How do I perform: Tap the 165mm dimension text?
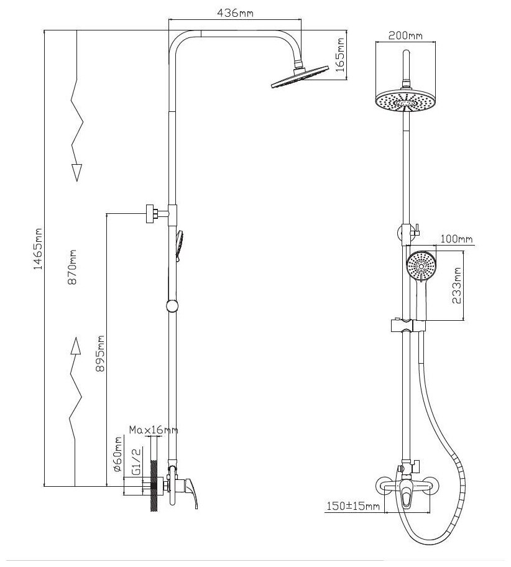point(340,55)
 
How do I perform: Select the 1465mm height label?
point(38,249)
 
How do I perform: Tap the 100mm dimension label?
point(457,239)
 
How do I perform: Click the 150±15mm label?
point(353,507)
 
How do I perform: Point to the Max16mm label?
point(154,430)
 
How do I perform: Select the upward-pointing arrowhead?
point(76,346)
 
